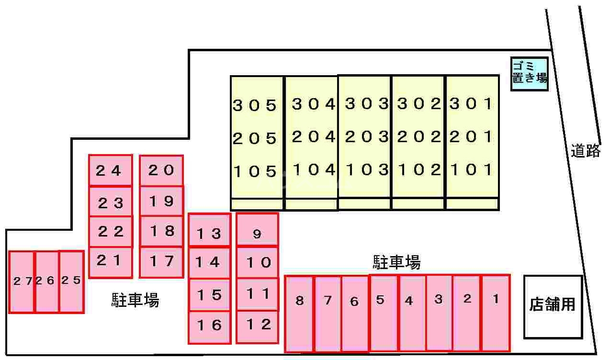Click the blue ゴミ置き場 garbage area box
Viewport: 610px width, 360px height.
(x=529, y=74)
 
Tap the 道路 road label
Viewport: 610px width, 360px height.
(x=586, y=151)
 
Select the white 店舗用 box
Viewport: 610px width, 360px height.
(x=553, y=307)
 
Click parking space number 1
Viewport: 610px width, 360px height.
(x=496, y=313)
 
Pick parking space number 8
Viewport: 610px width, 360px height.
(x=299, y=314)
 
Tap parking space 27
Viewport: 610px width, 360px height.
(x=22, y=282)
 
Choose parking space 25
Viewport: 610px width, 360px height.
(x=71, y=282)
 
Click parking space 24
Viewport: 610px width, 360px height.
(x=111, y=170)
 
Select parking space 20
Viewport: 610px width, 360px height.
(x=161, y=170)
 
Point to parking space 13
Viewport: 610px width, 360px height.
(x=209, y=230)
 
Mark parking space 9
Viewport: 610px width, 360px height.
(x=257, y=230)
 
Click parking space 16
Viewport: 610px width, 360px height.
(x=209, y=327)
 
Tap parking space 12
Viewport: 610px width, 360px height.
(x=257, y=327)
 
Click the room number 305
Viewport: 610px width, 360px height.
(x=255, y=105)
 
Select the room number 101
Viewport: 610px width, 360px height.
(x=471, y=169)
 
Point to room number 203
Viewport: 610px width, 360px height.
(x=367, y=137)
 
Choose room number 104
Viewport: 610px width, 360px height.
(x=314, y=170)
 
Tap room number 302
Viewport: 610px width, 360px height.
(x=419, y=104)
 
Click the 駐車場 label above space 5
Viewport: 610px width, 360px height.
(x=396, y=262)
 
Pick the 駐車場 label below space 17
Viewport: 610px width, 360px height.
(x=136, y=300)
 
